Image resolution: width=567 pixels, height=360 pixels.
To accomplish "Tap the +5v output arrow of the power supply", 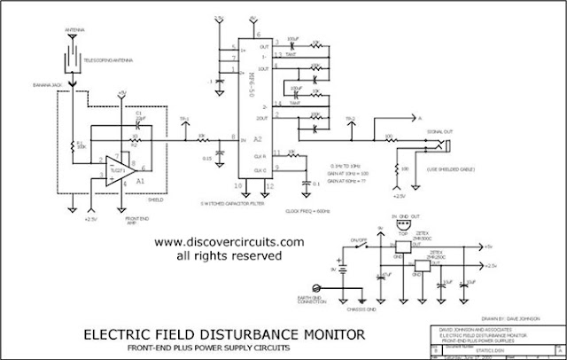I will coord(478,247).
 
